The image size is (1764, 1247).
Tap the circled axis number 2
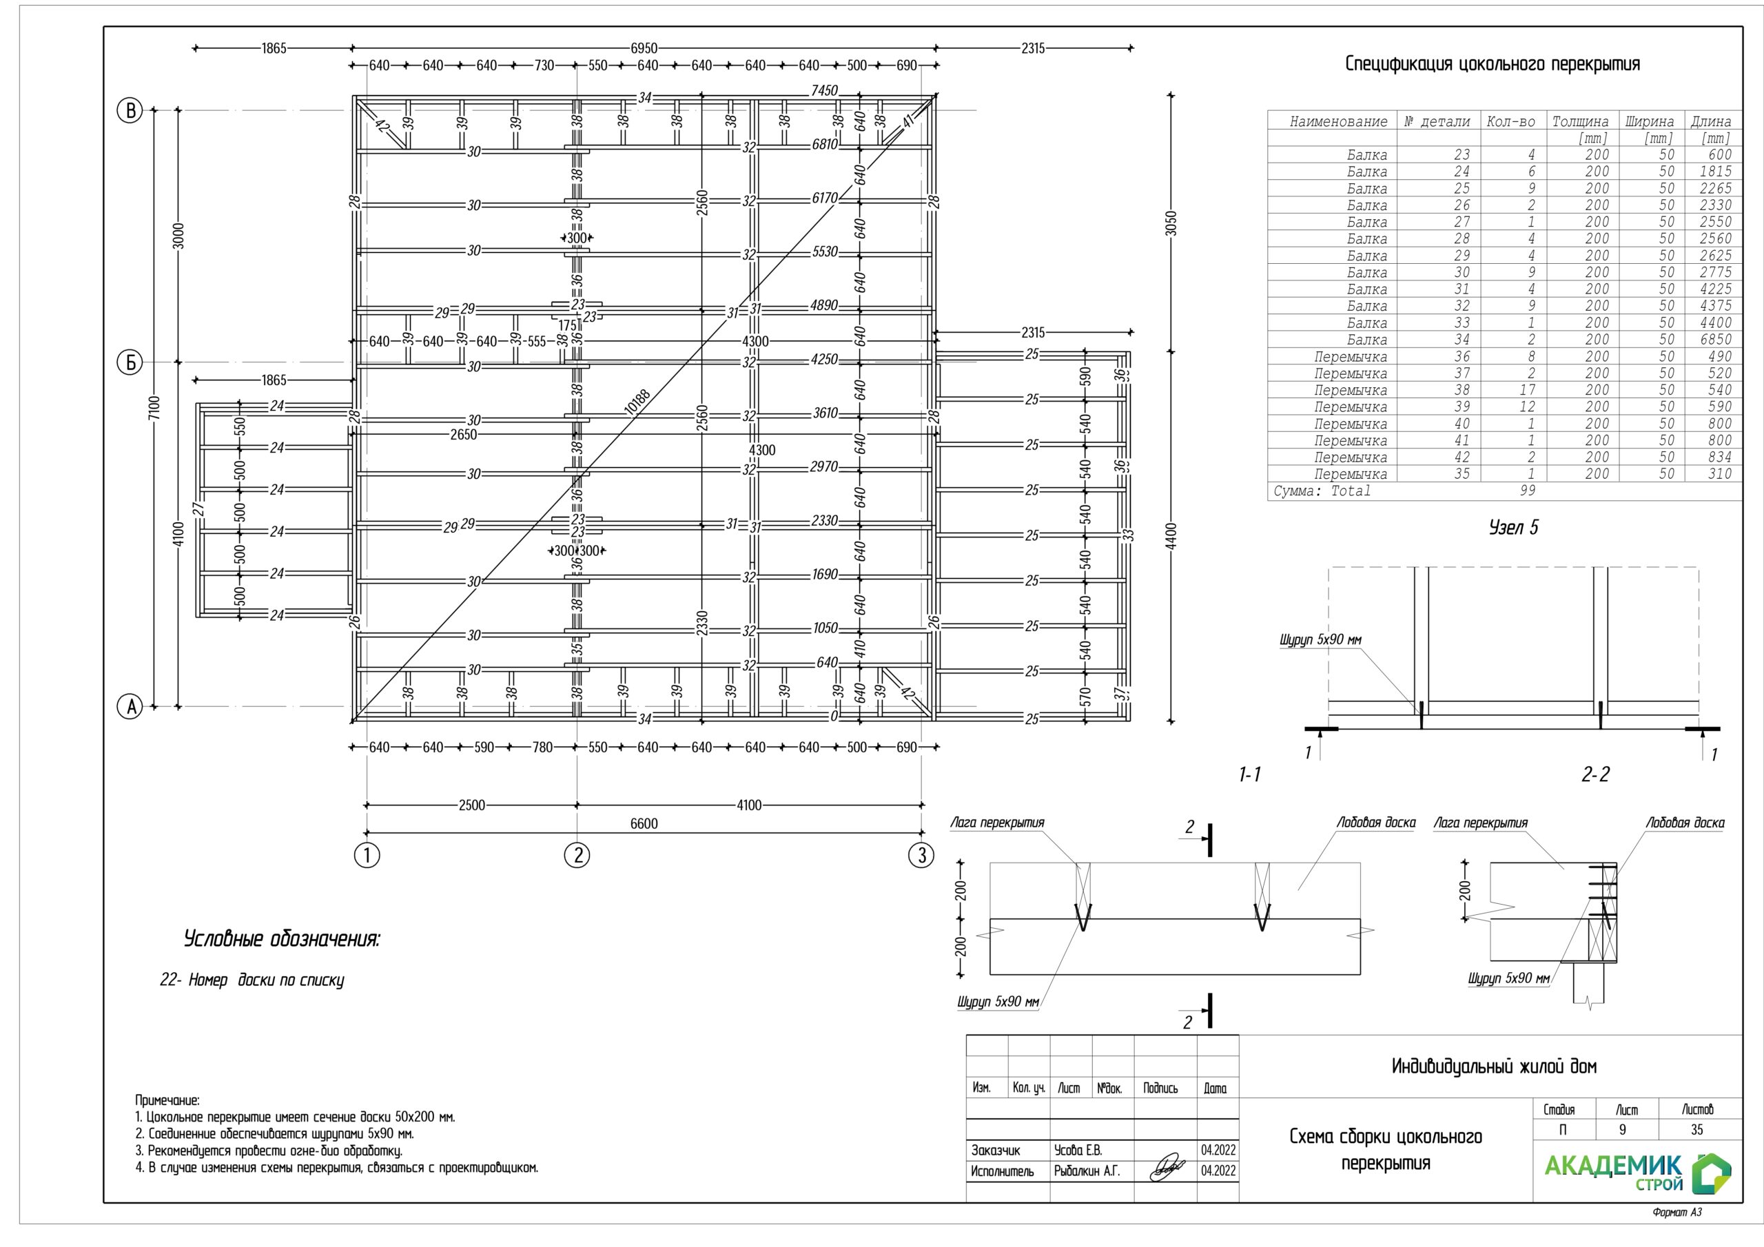[577, 854]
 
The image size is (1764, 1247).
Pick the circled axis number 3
[922, 854]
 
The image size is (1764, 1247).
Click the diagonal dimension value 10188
[637, 402]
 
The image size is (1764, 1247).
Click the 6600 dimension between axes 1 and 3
[644, 824]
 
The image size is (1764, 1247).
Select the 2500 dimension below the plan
[472, 805]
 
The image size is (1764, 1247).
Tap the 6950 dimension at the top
[644, 48]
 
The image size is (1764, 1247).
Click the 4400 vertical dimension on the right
[1171, 535]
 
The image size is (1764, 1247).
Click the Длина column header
[1710, 121]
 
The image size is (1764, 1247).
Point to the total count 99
[1528, 491]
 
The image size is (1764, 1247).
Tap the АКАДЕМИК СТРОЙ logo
[1637, 1173]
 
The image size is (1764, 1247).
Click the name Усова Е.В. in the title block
[1078, 1150]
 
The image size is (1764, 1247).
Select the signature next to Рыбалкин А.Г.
[1167, 1169]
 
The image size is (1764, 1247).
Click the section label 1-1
[1250, 774]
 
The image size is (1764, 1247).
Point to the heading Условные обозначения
[281, 939]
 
